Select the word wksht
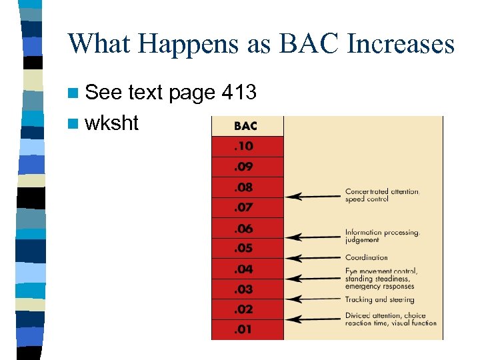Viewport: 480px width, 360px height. (113, 123)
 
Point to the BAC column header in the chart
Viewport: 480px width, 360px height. (245, 126)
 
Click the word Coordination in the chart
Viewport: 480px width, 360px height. (366, 258)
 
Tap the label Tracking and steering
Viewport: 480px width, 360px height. (379, 300)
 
